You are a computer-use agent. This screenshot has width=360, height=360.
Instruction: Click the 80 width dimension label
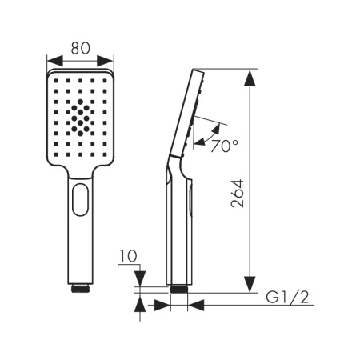point(81,48)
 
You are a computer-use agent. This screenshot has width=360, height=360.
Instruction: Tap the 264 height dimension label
point(238,194)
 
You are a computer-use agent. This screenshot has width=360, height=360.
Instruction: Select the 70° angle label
point(224,146)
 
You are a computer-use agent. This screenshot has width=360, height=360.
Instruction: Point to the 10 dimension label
point(128,256)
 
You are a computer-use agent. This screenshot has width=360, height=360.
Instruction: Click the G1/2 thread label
point(287,297)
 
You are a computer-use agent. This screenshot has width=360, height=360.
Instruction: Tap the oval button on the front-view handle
point(80,199)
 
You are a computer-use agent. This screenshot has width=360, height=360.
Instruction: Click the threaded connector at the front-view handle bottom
point(80,289)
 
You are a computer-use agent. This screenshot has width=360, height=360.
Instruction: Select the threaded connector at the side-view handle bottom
point(179,289)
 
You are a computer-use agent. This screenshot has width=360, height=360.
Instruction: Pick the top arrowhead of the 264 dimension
point(250,78)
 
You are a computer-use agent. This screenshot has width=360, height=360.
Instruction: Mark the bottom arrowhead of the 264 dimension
point(250,284)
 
